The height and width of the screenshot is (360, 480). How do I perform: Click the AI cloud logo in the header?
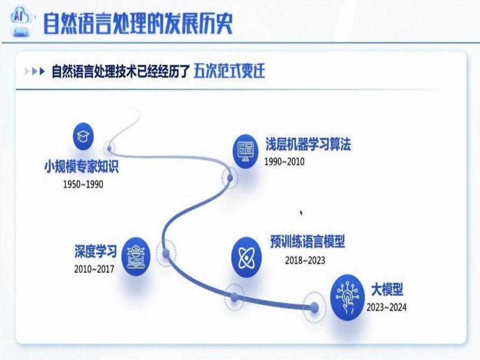pos(21,22)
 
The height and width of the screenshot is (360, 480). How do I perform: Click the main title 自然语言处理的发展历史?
pos(138,24)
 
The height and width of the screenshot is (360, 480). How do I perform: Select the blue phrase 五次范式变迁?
pos(229,71)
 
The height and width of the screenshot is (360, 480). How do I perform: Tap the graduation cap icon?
pos(83,136)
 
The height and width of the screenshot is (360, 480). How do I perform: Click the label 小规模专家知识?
pos(82,167)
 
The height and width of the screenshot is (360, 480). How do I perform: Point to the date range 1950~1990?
pos(83,184)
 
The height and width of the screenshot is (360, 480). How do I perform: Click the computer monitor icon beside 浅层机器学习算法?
pos(245,151)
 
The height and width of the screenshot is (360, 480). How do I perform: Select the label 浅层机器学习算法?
pos(308,144)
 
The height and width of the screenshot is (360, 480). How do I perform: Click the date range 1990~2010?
pos(284,162)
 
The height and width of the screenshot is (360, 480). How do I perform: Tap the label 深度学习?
pos(95,251)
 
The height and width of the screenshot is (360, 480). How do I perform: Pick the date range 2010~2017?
pos(94,269)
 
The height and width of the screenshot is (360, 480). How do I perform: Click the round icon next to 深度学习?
pos(136,257)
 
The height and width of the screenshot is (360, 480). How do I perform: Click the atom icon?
pos(246,257)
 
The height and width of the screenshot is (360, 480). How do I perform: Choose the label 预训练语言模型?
pos(308,242)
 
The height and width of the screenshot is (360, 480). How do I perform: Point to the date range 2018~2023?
pos(305,261)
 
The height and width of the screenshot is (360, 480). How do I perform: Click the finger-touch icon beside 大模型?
pos(347,297)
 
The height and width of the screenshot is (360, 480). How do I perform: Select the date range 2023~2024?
pos(386,307)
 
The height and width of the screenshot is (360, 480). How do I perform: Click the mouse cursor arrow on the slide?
pos(301,213)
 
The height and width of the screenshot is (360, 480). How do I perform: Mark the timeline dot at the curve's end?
pos(314,307)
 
